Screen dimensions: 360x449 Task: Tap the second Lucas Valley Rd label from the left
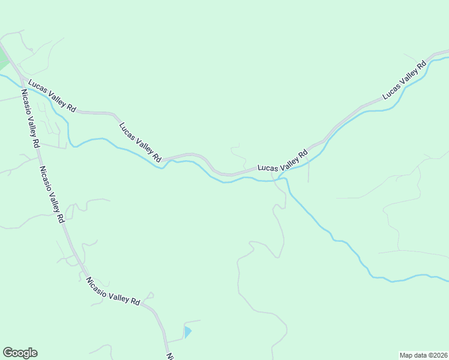click(140, 142)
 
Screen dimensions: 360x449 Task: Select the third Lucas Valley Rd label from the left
click(283, 162)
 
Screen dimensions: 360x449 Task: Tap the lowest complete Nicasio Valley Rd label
click(112, 291)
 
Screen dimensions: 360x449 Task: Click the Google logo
click(20, 353)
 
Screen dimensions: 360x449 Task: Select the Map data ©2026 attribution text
click(423, 355)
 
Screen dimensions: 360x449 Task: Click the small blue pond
click(187, 332)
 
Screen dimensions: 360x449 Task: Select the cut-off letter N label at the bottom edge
click(170, 356)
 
